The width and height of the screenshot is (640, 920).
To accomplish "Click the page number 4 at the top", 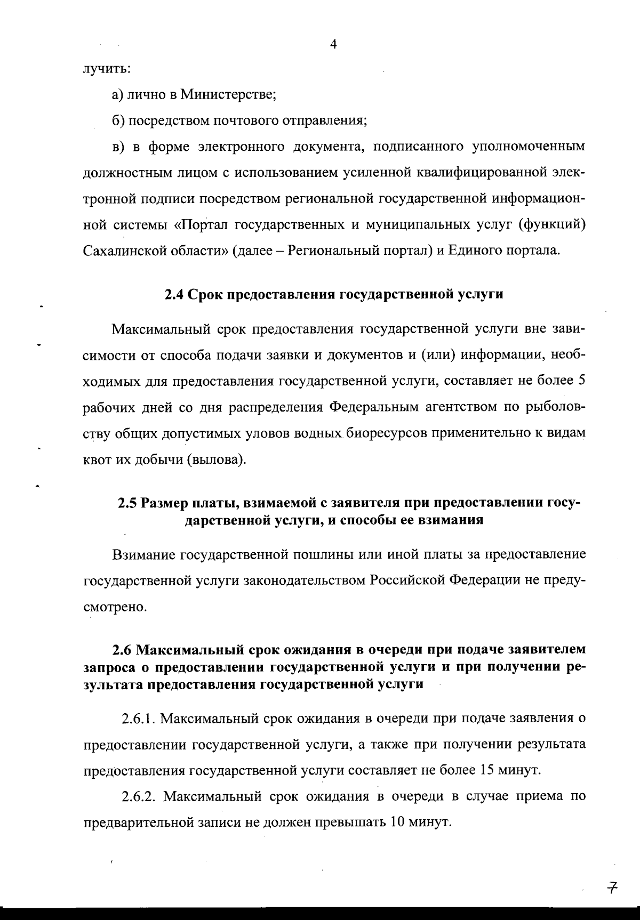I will (333, 45).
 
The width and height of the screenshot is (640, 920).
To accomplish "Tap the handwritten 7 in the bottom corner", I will (612, 887).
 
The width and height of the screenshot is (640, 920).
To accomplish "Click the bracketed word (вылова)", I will (217, 459).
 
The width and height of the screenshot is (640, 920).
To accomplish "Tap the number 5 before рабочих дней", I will (582, 382).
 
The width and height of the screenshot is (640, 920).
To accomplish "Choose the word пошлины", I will (319, 554).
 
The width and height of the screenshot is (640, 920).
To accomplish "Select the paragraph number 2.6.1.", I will (138, 719).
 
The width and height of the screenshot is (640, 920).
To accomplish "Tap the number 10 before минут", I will (399, 822).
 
